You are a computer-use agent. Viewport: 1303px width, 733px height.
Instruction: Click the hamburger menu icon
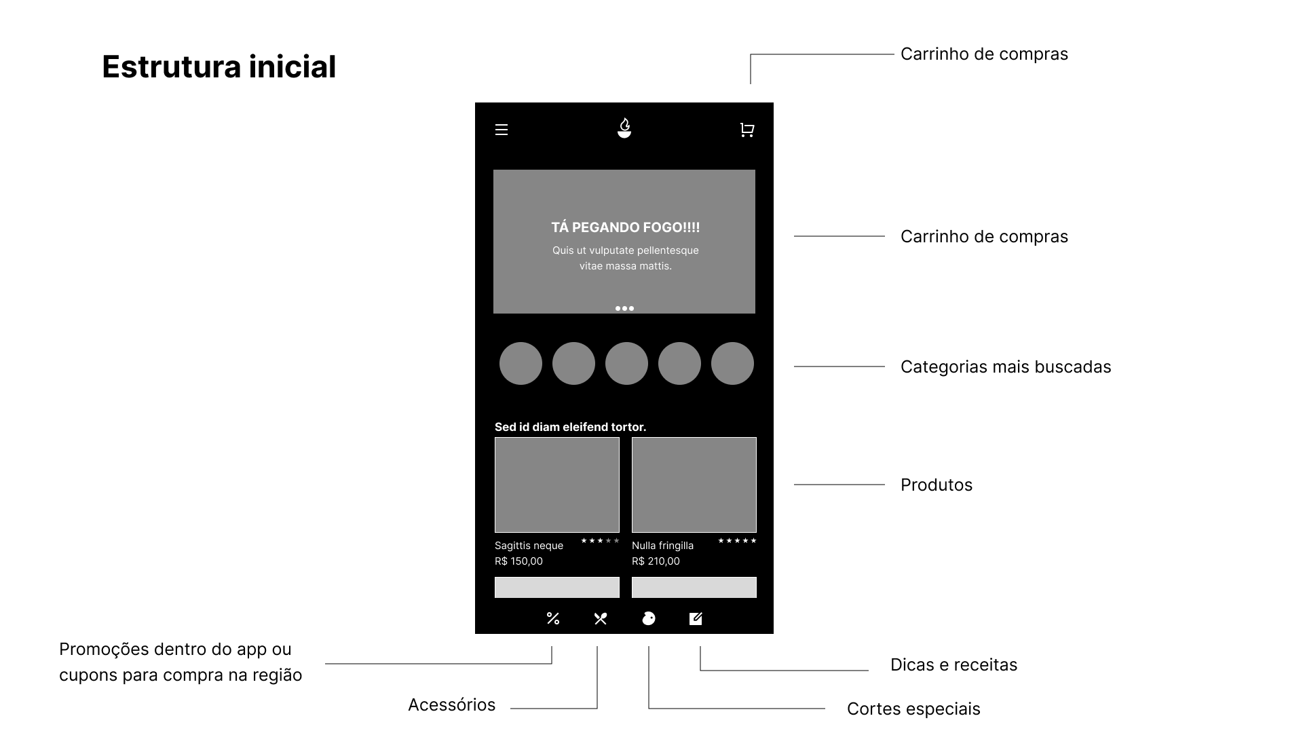point(502,130)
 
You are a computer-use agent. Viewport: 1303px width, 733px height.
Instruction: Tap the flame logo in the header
point(624,128)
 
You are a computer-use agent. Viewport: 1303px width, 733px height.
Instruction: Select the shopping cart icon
point(747,130)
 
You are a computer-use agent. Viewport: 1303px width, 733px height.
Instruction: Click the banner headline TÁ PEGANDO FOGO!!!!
point(625,227)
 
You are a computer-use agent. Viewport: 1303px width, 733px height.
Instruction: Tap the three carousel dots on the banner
point(624,308)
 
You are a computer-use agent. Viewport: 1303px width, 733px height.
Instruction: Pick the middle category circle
point(626,363)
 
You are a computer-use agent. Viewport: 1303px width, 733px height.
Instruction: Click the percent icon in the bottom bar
point(553,618)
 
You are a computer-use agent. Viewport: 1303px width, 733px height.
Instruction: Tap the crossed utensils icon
point(601,618)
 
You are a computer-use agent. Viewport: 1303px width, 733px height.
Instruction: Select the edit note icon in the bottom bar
point(696,618)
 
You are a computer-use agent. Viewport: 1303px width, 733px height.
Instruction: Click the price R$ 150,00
point(518,561)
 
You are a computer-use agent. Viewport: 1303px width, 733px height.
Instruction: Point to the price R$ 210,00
point(656,561)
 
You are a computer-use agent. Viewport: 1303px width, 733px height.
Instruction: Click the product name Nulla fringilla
point(662,546)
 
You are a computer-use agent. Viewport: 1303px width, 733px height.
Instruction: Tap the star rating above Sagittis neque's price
point(600,541)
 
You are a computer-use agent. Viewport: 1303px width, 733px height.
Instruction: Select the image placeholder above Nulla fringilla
point(694,485)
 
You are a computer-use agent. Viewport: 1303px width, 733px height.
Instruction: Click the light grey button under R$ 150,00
point(557,587)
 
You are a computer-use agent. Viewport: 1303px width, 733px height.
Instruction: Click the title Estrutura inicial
point(219,67)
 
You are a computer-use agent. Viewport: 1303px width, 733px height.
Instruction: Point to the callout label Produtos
point(937,485)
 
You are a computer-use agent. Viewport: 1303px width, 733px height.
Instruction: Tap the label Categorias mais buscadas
point(1006,367)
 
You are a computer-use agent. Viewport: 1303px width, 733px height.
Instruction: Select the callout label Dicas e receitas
point(953,664)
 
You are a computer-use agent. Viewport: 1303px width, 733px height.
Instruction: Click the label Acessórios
point(451,704)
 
